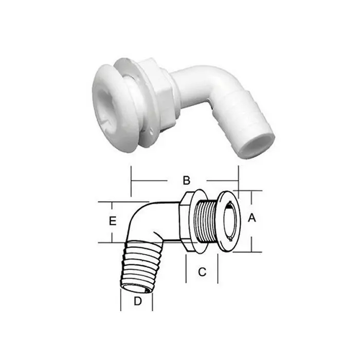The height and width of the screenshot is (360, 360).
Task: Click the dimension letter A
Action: pyautogui.click(x=252, y=219)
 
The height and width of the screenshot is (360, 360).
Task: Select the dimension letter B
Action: pyautogui.click(x=187, y=181)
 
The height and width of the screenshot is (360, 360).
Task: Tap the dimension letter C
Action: pyautogui.click(x=202, y=272)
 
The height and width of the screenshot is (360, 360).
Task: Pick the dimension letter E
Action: pyautogui.click(x=112, y=221)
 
